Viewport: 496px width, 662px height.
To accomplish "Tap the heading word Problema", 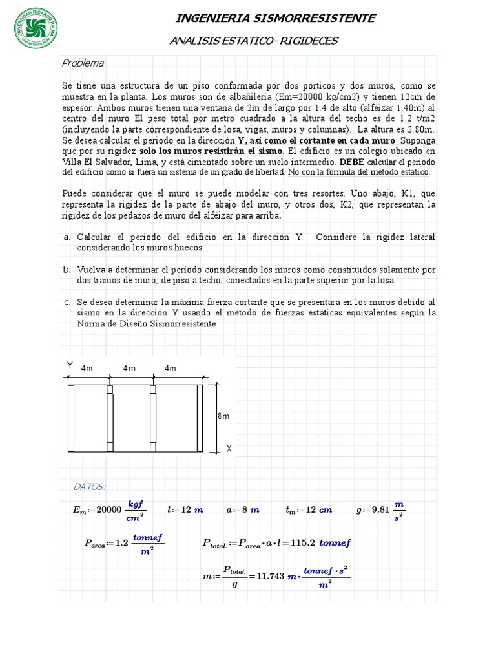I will click(x=83, y=63).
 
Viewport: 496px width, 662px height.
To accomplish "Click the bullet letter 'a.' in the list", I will click(x=67, y=237).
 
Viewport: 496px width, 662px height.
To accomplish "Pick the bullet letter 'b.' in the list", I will click(x=67, y=269).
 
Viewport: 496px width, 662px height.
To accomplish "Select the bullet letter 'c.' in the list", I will click(x=67, y=302).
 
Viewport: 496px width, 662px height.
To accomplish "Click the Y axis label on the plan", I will click(x=70, y=365).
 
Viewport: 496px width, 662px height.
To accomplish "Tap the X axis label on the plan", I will click(x=229, y=447).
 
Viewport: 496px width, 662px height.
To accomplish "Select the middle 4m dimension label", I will click(x=129, y=368).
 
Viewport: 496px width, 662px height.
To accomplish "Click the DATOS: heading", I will click(x=90, y=486).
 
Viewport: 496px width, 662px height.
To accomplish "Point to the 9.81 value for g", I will click(x=380, y=509).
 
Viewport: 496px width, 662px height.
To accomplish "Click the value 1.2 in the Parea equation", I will click(x=121, y=543).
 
